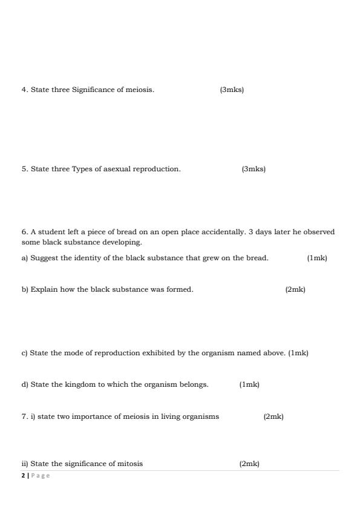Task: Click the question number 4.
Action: [24, 90]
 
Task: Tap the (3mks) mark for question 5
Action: [253, 169]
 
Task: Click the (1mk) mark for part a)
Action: [316, 258]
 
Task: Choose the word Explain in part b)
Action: [42, 289]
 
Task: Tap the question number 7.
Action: [24, 416]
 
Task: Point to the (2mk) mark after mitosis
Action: [249, 464]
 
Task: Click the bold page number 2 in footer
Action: [23, 476]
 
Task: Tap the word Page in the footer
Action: [41, 476]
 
